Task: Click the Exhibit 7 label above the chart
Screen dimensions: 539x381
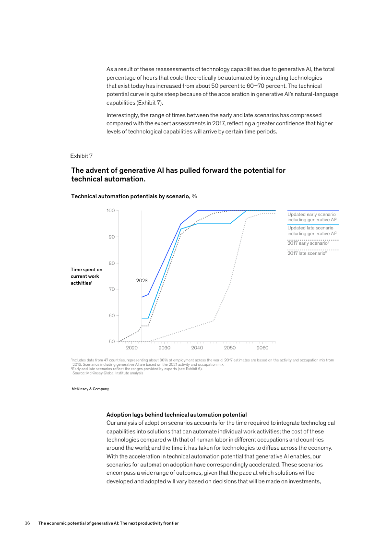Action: tap(81, 156)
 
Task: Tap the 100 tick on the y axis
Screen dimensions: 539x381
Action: tap(110, 211)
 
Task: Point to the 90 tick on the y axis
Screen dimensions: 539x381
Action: tap(110, 237)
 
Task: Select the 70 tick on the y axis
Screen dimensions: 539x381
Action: tap(110, 289)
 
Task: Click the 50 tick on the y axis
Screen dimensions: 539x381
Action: tap(110, 342)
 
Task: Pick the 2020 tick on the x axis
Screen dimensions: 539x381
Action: tap(131, 348)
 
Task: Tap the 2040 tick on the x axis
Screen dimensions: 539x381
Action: tap(197, 348)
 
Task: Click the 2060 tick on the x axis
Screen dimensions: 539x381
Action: tap(262, 348)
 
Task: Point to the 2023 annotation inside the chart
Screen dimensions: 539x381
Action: tap(142, 280)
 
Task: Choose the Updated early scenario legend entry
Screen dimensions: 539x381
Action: tap(311, 217)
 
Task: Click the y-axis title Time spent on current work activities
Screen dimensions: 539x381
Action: tap(86, 276)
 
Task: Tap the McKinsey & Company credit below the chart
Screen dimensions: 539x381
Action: tap(90, 389)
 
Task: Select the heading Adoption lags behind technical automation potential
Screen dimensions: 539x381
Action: tap(176, 414)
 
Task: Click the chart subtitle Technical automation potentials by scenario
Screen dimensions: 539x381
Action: tap(134, 196)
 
